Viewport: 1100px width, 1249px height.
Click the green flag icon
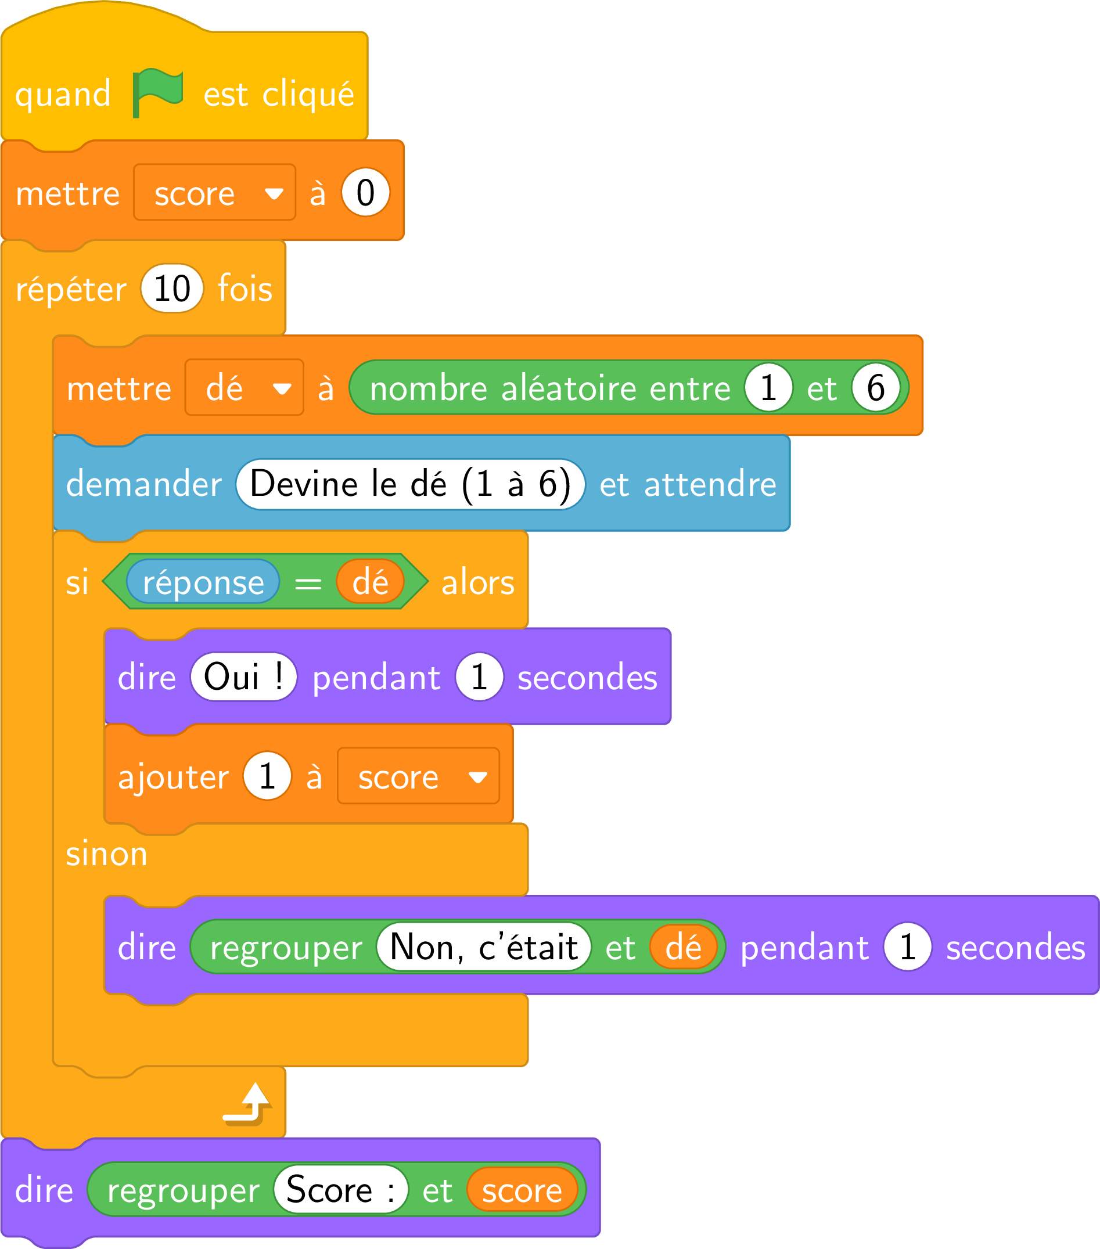coord(157,92)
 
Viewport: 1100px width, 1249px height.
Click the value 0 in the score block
coord(365,192)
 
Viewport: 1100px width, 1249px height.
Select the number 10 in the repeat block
coord(172,289)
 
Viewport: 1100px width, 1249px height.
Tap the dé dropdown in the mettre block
coord(245,387)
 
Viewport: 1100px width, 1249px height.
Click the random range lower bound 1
coord(768,387)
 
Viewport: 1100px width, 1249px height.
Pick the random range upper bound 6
coord(876,387)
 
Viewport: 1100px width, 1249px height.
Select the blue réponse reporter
coord(203,582)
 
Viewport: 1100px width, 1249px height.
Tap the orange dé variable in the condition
coord(371,582)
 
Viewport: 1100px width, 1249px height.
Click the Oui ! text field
coord(244,677)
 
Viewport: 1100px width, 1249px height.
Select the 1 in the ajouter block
coord(267,776)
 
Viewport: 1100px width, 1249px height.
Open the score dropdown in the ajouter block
coord(419,776)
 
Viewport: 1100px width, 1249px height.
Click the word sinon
coord(106,854)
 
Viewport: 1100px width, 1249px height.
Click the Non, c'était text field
coord(484,947)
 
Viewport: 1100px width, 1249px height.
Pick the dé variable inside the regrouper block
coord(683,947)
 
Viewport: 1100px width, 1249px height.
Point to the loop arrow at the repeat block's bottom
coord(247,1104)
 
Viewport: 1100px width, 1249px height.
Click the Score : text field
coord(340,1190)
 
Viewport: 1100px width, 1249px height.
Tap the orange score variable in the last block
coord(523,1190)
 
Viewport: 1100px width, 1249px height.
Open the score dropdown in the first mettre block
coord(215,192)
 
